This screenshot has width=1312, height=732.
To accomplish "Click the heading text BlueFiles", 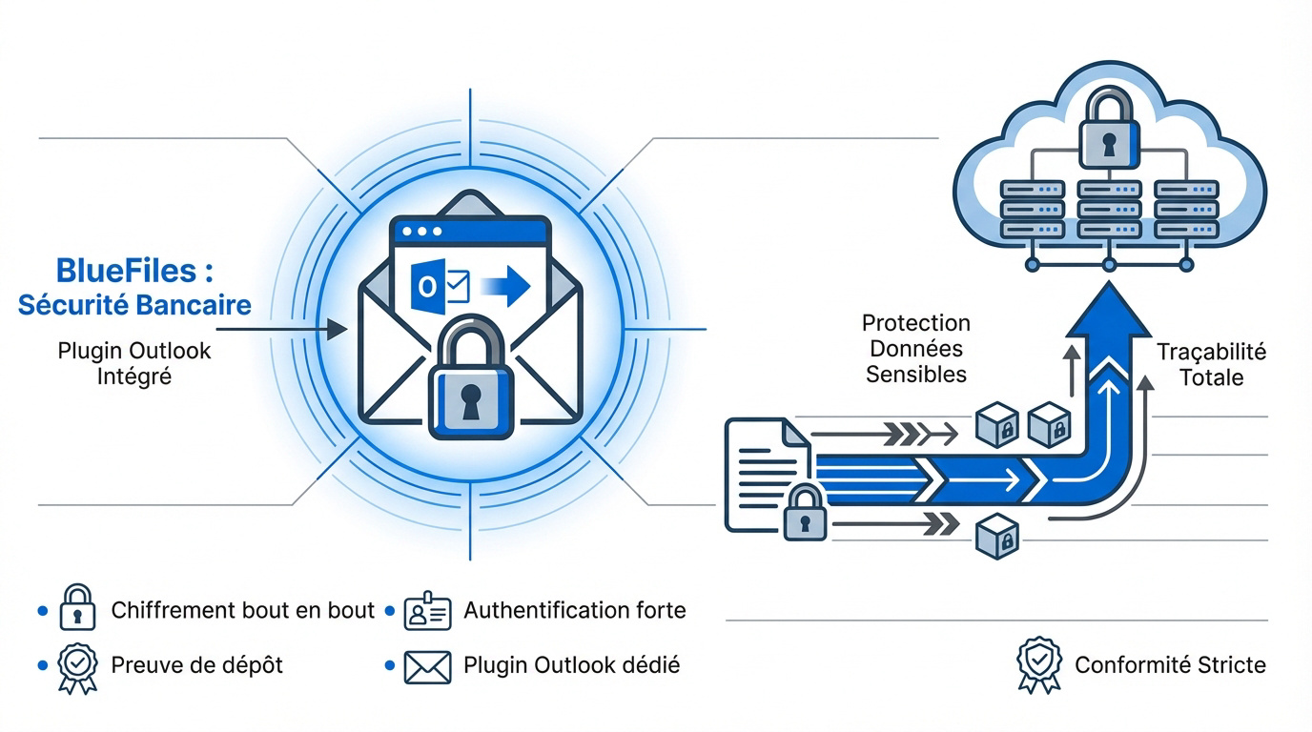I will point(133,271).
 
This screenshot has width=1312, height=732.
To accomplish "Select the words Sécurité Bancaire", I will point(134,305).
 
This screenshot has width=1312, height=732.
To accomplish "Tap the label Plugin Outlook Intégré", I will point(134,363).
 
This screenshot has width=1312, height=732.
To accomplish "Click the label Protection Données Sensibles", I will point(915,349).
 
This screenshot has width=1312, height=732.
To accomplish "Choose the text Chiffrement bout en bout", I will point(242,611).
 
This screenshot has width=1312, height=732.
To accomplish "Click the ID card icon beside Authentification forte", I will point(427,611).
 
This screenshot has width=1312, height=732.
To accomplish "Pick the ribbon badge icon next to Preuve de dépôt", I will point(77,666).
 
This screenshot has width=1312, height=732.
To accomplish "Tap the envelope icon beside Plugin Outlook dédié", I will point(427,666).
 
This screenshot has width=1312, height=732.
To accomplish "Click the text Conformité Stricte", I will point(1170,665).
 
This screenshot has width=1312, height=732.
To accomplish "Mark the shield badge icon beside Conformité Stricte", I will point(1037,664).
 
